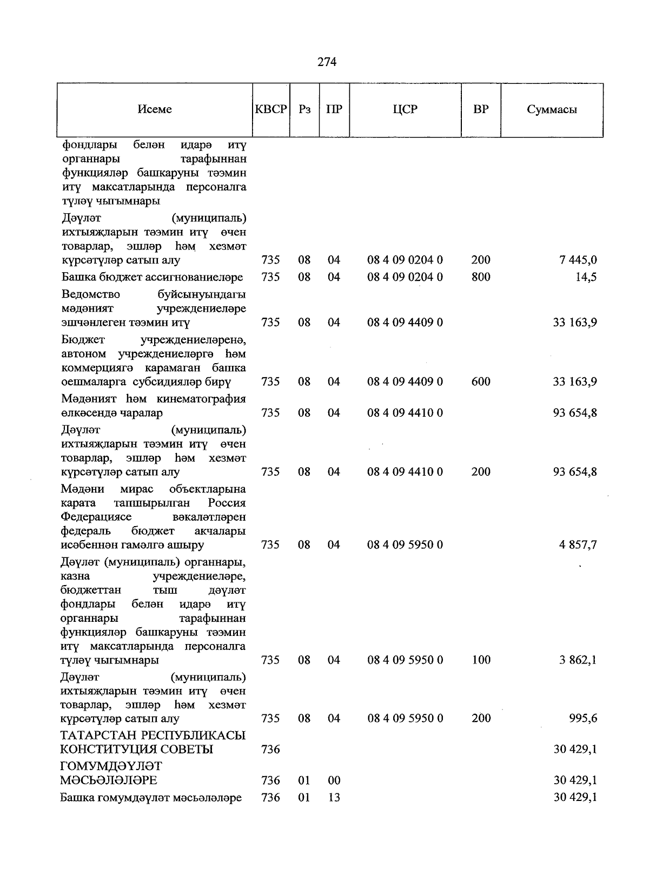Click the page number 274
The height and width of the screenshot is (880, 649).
(327, 62)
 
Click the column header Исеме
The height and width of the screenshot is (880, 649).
(155, 110)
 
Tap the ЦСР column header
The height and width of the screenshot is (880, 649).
(405, 110)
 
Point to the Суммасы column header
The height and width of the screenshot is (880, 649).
(552, 110)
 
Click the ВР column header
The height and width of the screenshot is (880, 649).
(481, 110)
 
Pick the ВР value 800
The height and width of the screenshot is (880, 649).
(481, 277)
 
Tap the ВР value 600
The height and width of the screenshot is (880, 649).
(481, 382)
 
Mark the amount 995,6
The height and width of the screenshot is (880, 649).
(582, 719)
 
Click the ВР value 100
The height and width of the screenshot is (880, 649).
(481, 660)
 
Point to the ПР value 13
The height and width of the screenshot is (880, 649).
(334, 798)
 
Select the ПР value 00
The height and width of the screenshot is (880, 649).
(334, 780)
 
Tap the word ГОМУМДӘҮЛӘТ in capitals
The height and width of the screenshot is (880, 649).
(111, 767)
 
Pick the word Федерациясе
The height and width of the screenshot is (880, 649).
(96, 517)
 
